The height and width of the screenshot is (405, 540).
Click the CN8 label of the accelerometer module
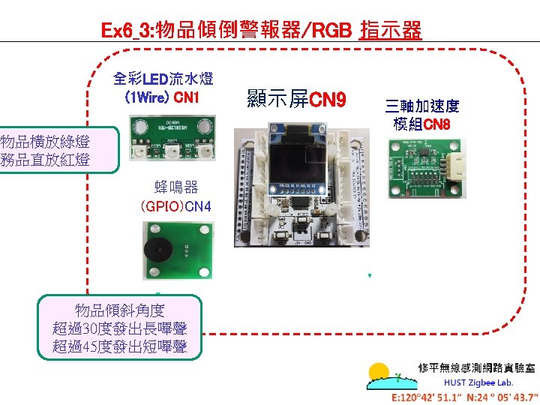click(x=436, y=124)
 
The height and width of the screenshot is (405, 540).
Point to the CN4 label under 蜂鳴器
click(x=198, y=205)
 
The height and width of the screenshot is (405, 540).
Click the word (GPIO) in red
click(x=161, y=205)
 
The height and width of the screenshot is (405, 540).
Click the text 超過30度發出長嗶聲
click(x=120, y=328)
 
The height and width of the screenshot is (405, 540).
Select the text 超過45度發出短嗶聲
click(x=120, y=346)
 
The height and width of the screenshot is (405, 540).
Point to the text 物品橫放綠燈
click(x=45, y=142)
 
